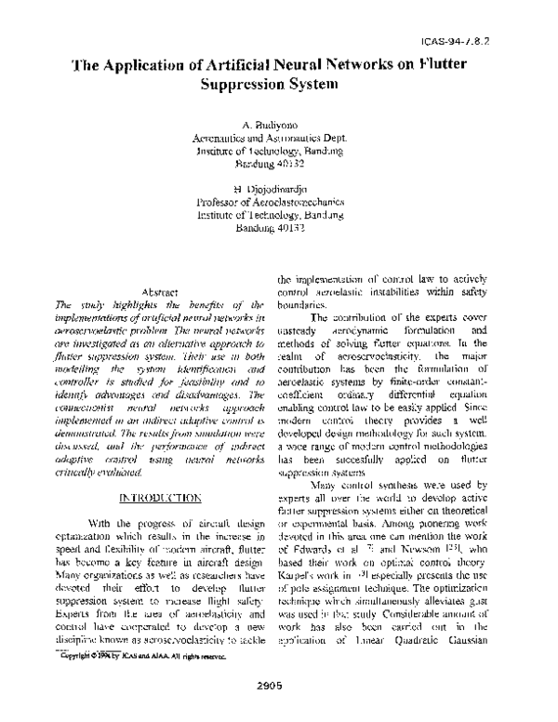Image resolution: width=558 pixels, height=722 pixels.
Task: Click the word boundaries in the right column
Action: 302,304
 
